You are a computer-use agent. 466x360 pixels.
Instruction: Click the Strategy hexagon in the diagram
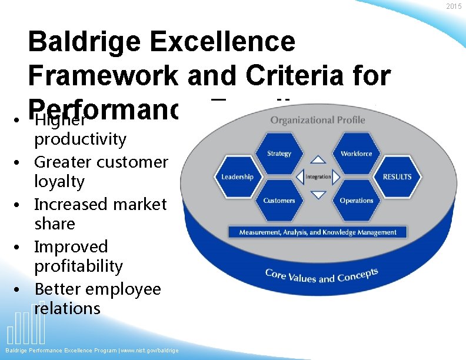pyautogui.click(x=279, y=154)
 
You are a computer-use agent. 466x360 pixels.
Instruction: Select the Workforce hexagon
pyautogui.click(x=357, y=154)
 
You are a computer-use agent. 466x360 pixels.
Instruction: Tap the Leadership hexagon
pyautogui.click(x=237, y=176)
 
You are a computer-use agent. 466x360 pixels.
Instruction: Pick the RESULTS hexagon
pyautogui.click(x=397, y=176)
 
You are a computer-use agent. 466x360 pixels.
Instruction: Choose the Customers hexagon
pyautogui.click(x=279, y=201)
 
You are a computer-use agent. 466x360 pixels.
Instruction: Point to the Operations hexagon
pyautogui.click(x=357, y=201)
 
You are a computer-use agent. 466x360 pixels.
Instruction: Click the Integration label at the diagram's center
pyautogui.click(x=318, y=176)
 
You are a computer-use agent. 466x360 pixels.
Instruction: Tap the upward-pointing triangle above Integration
pyautogui.click(x=318, y=159)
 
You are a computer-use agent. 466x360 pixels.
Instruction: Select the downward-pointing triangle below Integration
pyautogui.click(x=318, y=195)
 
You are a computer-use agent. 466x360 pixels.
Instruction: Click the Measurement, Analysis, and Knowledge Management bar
pyautogui.click(x=318, y=232)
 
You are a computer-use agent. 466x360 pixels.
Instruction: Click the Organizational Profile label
pyautogui.click(x=318, y=121)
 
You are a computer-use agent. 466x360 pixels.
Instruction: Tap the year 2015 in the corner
pyautogui.click(x=454, y=6)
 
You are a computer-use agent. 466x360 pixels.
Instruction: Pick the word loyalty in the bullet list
pyautogui.click(x=59, y=182)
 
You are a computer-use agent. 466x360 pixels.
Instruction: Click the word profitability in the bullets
pyautogui.click(x=78, y=266)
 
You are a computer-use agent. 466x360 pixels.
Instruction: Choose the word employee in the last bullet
pyautogui.click(x=127, y=289)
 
